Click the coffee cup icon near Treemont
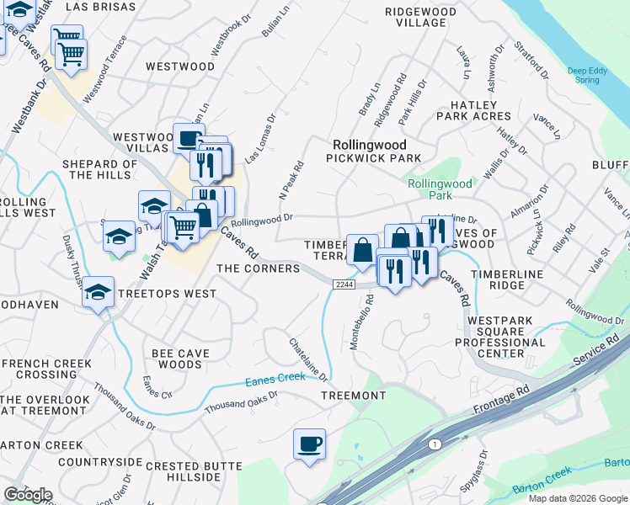pyautogui.click(x=309, y=444)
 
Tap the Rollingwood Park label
pyautogui.click(x=440, y=189)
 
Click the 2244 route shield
pyautogui.click(x=343, y=285)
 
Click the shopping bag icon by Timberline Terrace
pyautogui.click(x=362, y=250)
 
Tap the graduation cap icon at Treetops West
pyautogui.click(x=99, y=293)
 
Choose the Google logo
pyautogui.click(x=28, y=495)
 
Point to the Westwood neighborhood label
pyautogui.click(x=180, y=66)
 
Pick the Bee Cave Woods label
pyautogui.click(x=177, y=359)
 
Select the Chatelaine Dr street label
pyautogui.click(x=307, y=359)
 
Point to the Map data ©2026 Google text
pyautogui.click(x=577, y=498)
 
